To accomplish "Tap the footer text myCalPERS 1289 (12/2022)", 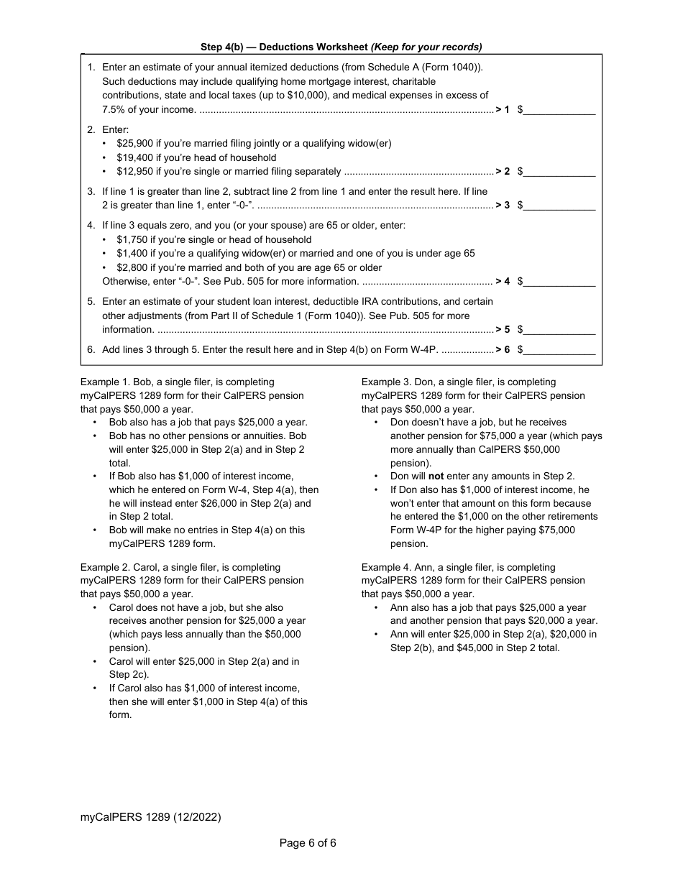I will coord(150,817).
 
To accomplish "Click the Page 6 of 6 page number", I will coord(308,843).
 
